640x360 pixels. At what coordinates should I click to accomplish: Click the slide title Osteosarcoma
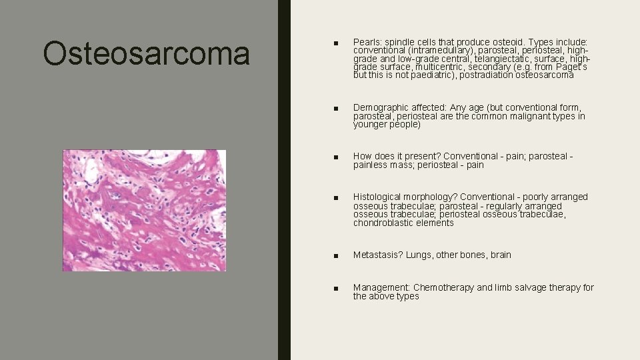pyautogui.click(x=146, y=53)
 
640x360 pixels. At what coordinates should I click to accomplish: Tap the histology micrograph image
pyautogui.click(x=144, y=210)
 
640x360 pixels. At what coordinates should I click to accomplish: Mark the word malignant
pyautogui.click(x=533, y=116)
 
